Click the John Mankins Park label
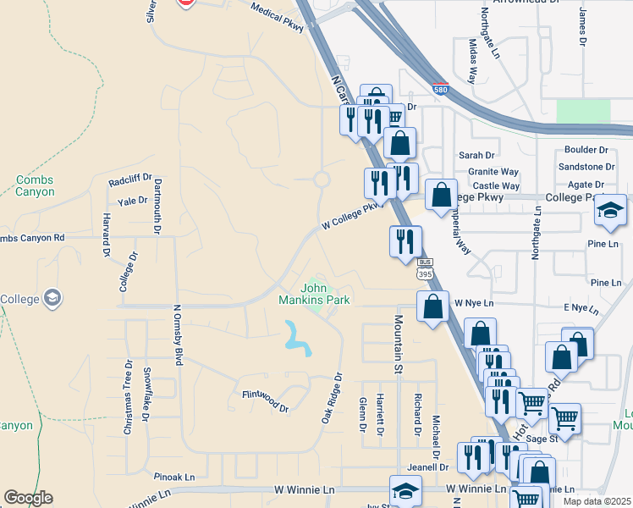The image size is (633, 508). pos(315,294)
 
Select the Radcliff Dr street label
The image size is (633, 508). pos(129,180)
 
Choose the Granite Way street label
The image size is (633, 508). pos(493,172)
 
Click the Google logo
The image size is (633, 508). pos(28,498)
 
